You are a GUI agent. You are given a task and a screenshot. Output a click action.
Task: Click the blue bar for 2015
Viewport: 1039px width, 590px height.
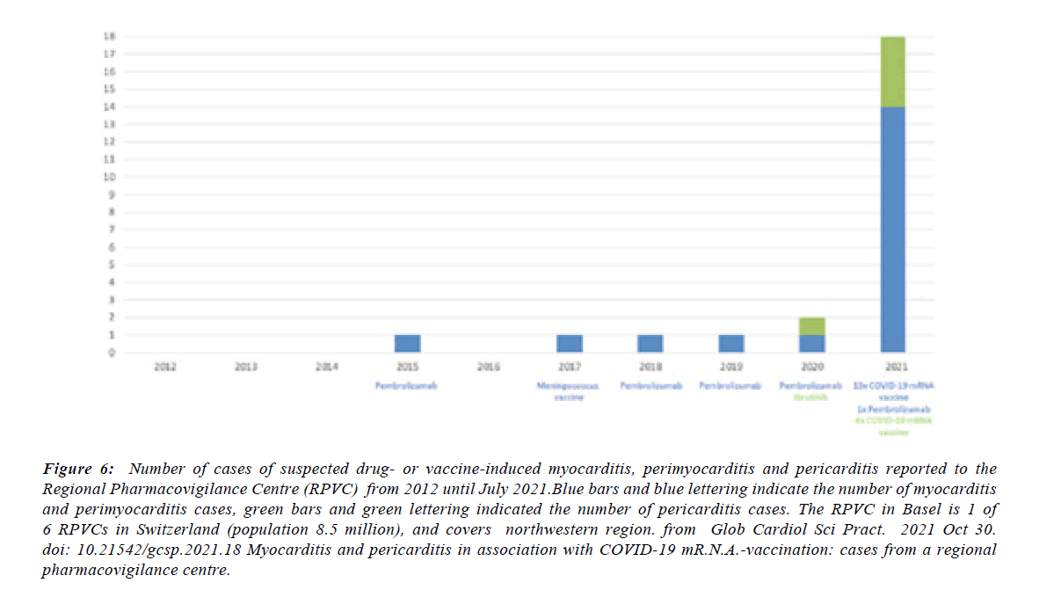407,343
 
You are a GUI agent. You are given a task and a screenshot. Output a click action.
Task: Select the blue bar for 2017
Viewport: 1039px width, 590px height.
570,343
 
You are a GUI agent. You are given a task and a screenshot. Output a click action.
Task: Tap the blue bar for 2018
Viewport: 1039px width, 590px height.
650,343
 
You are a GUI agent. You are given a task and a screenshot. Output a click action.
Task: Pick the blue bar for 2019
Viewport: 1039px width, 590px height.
732,343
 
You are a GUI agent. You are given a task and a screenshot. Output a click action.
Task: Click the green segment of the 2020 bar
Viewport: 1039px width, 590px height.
812,325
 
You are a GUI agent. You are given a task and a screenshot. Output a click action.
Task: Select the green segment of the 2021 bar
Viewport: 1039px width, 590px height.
893,71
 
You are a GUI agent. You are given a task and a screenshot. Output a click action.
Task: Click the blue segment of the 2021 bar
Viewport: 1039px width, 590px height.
893,229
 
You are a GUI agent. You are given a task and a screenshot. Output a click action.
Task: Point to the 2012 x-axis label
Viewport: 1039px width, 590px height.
164,367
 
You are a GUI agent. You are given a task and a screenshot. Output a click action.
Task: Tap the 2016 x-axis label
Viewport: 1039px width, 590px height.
489,367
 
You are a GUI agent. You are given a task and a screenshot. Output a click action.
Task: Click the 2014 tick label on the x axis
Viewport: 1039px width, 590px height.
326,367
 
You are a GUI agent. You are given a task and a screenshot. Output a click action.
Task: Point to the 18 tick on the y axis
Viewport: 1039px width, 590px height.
110,37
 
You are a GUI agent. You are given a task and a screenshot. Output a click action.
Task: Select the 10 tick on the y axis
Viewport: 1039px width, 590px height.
110,177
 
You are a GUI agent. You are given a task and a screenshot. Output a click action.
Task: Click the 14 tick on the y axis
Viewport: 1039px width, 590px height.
110,106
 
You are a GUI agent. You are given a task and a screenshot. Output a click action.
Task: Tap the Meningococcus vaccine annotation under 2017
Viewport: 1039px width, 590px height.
570,391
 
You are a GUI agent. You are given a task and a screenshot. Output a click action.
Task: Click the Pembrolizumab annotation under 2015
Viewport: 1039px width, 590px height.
407,386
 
